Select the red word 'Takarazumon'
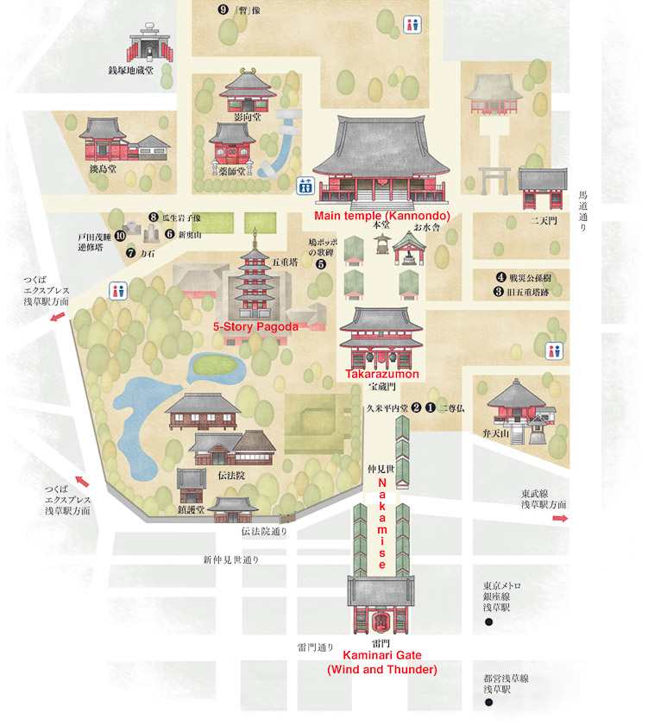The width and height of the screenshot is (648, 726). click(x=382, y=375)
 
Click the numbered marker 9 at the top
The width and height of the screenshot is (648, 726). click(x=223, y=10)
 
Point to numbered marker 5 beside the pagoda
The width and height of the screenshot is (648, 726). click(x=320, y=264)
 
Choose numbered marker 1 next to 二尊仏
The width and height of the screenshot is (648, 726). click(x=430, y=407)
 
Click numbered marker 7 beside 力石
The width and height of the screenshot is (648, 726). click(x=130, y=254)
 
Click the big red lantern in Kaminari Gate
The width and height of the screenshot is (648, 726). click(x=377, y=622)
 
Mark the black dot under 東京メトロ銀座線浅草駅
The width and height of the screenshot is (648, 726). click(x=488, y=621)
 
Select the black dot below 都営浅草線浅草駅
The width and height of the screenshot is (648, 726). click(x=488, y=702)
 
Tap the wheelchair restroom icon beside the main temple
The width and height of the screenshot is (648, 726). click(x=305, y=186)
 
